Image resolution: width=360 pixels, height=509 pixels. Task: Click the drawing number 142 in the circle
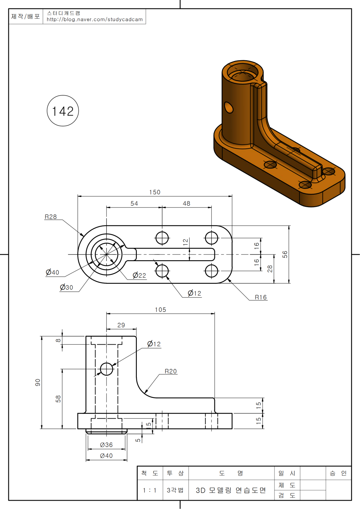(x=63, y=111)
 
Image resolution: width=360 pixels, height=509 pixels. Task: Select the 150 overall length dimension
(x=155, y=192)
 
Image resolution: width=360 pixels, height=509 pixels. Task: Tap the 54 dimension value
(x=134, y=204)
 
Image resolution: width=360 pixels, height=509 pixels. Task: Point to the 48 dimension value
(x=186, y=204)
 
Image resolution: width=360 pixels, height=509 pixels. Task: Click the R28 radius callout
(x=51, y=217)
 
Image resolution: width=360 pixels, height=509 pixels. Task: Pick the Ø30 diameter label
(x=66, y=287)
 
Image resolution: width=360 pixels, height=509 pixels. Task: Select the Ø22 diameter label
(x=139, y=275)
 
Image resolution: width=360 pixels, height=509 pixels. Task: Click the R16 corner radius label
(x=261, y=297)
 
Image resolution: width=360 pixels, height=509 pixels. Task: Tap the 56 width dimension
(x=285, y=255)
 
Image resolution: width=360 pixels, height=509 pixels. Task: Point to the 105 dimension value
(x=160, y=310)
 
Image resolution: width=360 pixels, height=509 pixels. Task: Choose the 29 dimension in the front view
(x=121, y=325)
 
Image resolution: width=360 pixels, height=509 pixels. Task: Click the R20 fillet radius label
(x=171, y=371)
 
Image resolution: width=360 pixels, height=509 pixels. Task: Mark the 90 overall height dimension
(x=37, y=382)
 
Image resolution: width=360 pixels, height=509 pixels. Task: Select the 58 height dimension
(x=58, y=399)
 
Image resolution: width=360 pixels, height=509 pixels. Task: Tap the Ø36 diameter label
(x=106, y=445)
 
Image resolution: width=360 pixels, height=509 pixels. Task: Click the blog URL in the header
(x=95, y=19)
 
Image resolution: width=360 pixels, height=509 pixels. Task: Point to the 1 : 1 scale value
(x=150, y=490)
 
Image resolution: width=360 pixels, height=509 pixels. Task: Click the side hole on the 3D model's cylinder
(x=229, y=107)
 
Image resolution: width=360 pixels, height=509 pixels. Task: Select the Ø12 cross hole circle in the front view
(x=106, y=369)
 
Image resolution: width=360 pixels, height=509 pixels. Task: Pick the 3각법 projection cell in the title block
(x=175, y=490)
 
